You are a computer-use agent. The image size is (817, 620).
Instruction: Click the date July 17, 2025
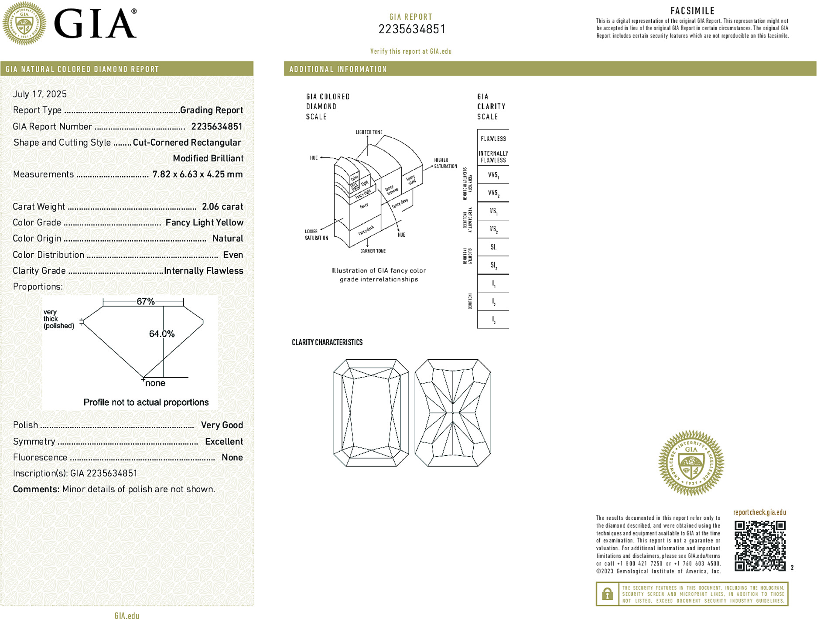click(x=40, y=94)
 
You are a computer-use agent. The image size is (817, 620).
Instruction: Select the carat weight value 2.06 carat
click(x=222, y=207)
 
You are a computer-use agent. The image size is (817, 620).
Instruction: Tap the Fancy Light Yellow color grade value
click(x=204, y=223)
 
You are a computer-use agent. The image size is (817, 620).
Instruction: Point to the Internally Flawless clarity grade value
click(x=204, y=271)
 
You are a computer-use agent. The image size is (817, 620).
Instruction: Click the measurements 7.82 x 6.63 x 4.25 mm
click(x=198, y=174)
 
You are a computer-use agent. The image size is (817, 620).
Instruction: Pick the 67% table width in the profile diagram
click(x=146, y=301)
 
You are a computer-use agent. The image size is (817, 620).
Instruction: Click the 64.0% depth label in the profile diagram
click(x=161, y=334)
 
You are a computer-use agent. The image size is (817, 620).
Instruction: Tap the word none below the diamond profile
click(x=155, y=383)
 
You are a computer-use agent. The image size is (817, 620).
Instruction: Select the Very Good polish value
click(x=222, y=425)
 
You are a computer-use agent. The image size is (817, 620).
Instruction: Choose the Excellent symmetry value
click(x=224, y=442)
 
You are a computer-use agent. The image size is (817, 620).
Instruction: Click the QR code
click(x=760, y=546)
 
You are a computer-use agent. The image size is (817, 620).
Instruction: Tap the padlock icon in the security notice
click(x=607, y=594)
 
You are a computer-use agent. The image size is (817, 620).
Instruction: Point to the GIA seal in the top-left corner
click(x=24, y=24)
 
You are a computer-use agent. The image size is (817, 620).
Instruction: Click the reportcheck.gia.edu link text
click(x=759, y=512)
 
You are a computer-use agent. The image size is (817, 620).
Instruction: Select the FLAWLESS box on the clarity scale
click(x=493, y=139)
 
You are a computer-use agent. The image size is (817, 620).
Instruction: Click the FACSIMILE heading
click(x=692, y=11)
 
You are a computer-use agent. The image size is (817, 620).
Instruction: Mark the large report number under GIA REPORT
click(x=412, y=29)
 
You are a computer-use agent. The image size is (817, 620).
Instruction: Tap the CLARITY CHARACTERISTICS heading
click(x=327, y=343)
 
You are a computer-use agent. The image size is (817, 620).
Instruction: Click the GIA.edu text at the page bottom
click(x=127, y=616)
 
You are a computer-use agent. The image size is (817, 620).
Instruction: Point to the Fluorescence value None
click(x=232, y=458)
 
